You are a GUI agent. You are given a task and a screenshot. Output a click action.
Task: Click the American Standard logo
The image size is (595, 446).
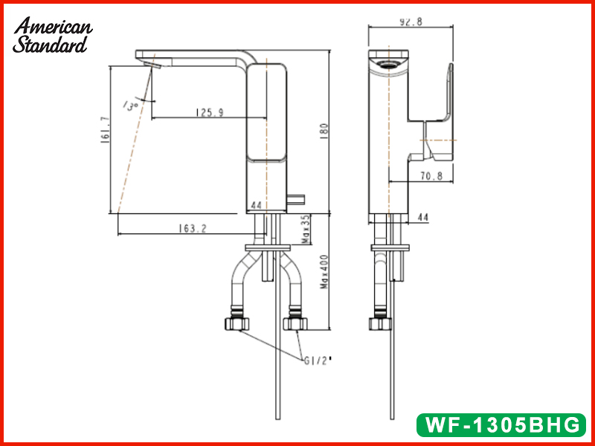[x=52, y=35]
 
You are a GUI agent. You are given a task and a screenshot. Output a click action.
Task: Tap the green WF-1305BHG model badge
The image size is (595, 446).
[x=501, y=424]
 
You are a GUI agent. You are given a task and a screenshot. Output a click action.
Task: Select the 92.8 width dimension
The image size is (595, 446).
[x=411, y=22]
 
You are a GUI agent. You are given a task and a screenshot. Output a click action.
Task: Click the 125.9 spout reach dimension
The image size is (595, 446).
[x=210, y=113]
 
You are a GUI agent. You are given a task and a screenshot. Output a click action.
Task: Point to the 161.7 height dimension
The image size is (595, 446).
[x=106, y=129]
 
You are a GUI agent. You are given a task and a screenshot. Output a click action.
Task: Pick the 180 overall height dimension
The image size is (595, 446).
[x=324, y=132]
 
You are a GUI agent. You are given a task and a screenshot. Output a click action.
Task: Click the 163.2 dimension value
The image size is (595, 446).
[x=193, y=229]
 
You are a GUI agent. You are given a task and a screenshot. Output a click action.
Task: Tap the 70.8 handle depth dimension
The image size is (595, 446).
[x=431, y=176]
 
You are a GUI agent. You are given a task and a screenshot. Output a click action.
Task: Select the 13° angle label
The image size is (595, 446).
[x=130, y=106]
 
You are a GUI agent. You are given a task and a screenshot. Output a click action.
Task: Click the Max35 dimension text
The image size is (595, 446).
[x=306, y=230]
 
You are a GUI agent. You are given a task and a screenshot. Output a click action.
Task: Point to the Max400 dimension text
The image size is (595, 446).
[x=324, y=271]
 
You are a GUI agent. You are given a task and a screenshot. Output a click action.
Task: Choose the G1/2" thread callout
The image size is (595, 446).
[x=318, y=361]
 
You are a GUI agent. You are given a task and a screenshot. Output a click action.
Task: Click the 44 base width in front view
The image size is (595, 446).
[x=257, y=206]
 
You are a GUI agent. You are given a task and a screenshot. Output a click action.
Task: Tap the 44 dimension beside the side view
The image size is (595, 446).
[x=422, y=217]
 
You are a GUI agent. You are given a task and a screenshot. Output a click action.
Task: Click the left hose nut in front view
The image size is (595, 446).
[x=237, y=323]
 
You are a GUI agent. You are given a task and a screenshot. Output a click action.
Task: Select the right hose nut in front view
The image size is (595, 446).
[x=295, y=323]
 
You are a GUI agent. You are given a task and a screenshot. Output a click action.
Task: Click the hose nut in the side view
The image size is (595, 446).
[x=380, y=323]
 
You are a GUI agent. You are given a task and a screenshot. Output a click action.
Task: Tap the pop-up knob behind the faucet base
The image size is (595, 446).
[x=296, y=199]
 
